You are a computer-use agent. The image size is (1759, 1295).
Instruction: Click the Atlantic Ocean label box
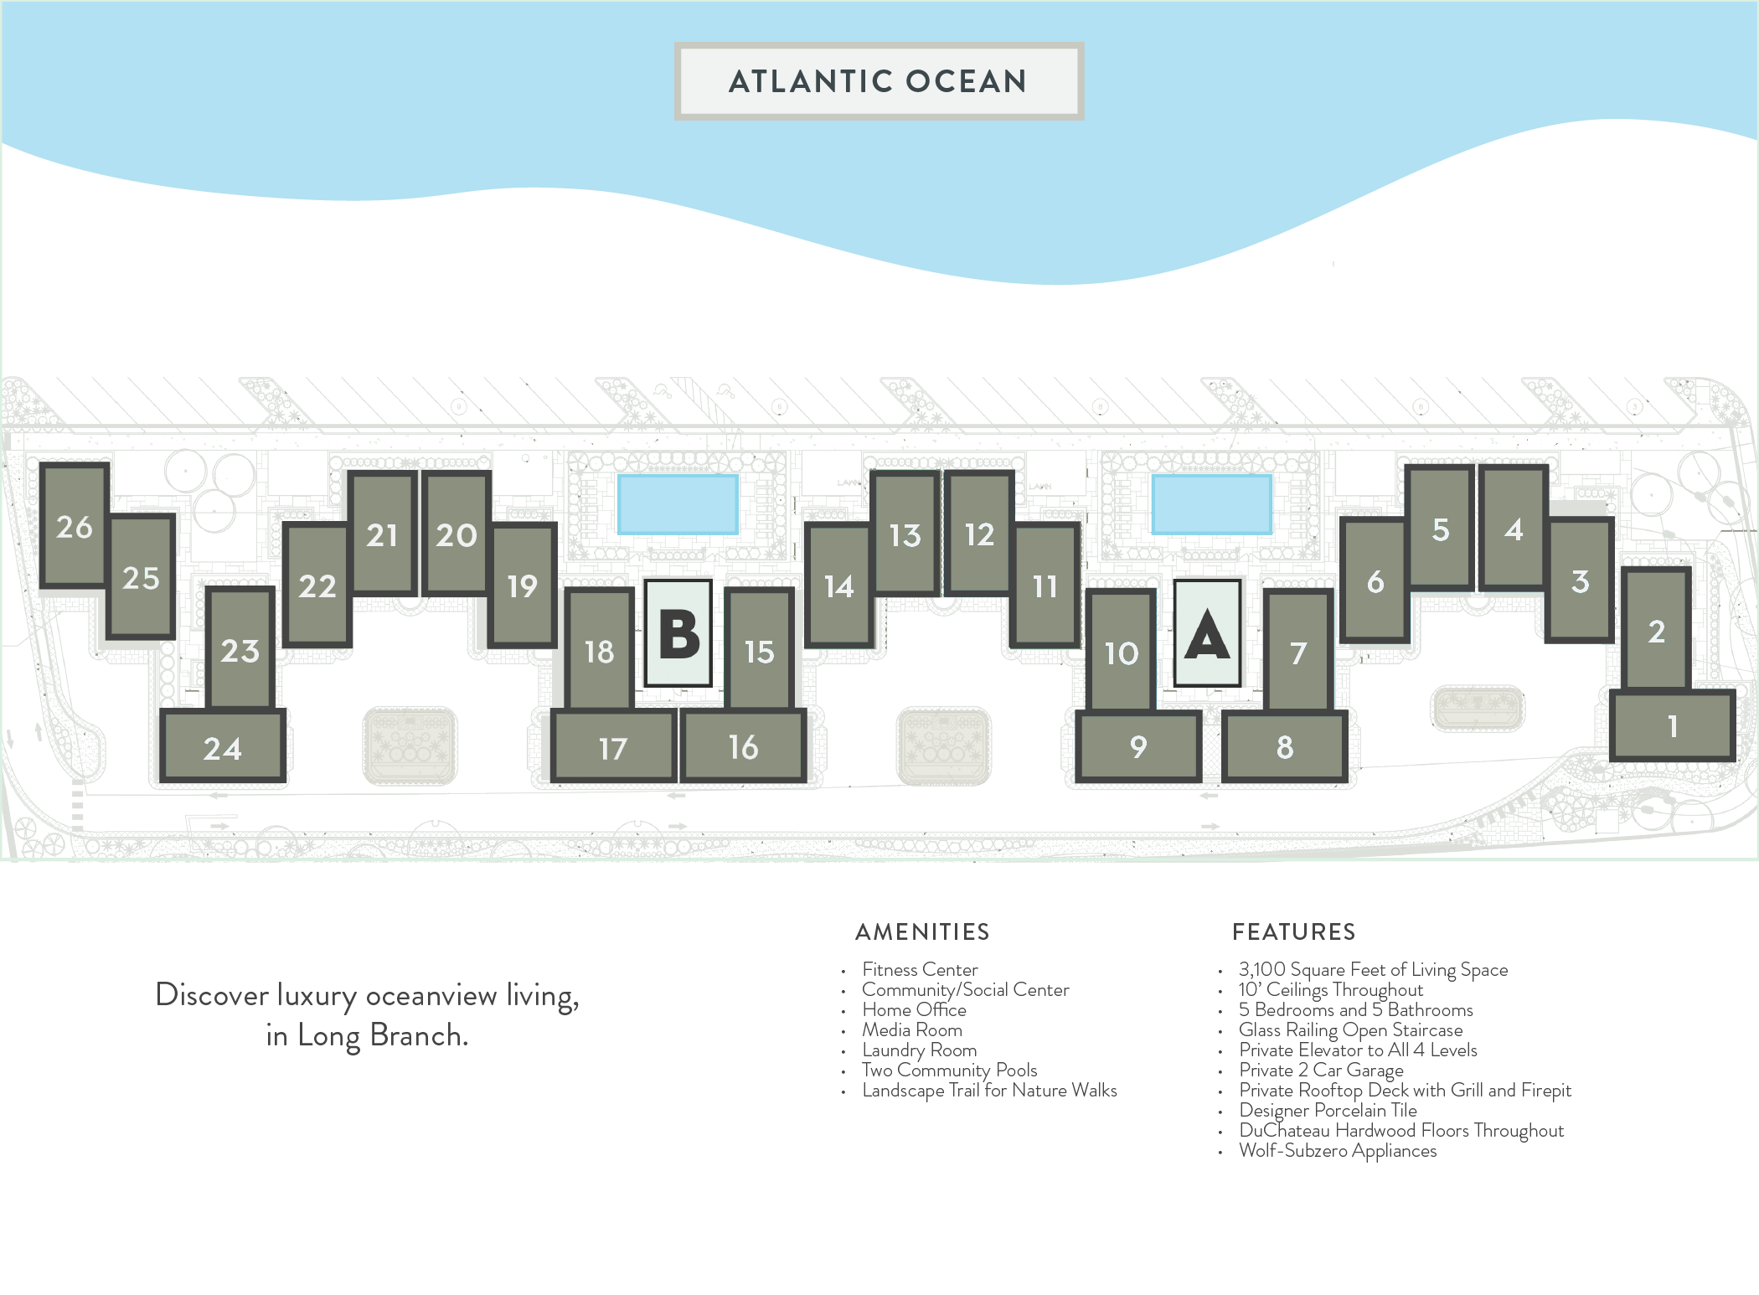[879, 81]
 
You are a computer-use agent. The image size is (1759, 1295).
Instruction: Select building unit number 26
[74, 526]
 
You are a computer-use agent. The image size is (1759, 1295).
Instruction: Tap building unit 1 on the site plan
[1672, 725]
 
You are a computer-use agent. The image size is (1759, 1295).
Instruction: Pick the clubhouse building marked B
[678, 635]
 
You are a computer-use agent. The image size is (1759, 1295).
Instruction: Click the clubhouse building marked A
[1206, 635]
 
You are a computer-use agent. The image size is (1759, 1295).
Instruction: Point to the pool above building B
[678, 503]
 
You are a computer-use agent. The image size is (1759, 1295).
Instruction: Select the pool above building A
[1211, 503]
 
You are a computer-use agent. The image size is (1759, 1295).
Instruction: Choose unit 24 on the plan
[223, 747]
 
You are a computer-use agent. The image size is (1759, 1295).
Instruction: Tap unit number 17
[613, 747]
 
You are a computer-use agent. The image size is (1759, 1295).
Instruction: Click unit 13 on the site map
[905, 534]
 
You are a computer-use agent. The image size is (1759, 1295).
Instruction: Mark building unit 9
[1137, 746]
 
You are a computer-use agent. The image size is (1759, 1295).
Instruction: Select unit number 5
[1440, 529]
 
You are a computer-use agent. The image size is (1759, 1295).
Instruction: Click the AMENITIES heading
[922, 931]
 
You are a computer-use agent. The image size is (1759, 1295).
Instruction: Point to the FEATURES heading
[1293, 931]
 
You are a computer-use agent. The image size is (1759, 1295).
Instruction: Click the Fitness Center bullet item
[919, 970]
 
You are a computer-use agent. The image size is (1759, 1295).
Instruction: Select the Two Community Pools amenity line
[949, 1071]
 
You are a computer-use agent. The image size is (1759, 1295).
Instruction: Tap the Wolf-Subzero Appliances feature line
[1337, 1151]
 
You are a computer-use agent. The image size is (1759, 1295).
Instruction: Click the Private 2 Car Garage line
[1321, 1071]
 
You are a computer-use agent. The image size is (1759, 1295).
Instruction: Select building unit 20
[456, 534]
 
